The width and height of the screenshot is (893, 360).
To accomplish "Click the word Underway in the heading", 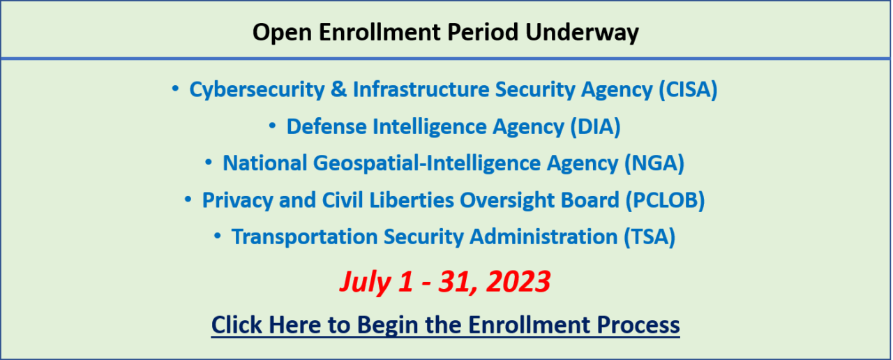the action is [582, 33].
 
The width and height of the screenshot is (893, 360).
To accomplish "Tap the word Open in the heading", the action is [283, 33].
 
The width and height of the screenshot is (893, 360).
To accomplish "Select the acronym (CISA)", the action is [688, 89].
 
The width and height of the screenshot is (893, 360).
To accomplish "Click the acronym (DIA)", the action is [596, 127].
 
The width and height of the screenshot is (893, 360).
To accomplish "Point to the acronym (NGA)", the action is [654, 163].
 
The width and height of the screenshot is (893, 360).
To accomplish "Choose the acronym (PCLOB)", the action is [665, 200].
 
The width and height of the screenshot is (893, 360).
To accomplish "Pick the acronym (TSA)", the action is [650, 237].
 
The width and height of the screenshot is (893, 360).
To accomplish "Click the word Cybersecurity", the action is [257, 90].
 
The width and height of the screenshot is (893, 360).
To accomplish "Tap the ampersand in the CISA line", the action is [339, 89].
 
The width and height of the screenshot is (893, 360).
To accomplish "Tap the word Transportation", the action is [305, 237].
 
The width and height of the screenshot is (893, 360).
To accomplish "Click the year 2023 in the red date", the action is [518, 282].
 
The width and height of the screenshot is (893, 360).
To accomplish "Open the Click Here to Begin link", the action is [445, 325].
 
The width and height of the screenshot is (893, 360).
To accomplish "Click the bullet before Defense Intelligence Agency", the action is [272, 126].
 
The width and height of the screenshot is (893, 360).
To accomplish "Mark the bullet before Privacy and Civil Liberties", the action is [188, 200].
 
